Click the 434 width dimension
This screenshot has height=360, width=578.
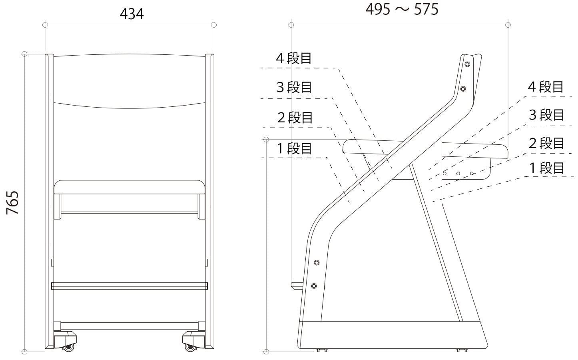click(x=132, y=14)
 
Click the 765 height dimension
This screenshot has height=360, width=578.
click(x=13, y=202)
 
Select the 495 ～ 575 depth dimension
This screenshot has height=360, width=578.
click(x=402, y=9)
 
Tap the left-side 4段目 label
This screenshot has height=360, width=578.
click(x=294, y=58)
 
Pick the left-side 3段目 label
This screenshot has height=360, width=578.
click(x=294, y=87)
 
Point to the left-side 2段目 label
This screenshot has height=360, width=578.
click(x=295, y=118)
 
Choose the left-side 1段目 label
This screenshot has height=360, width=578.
click(x=295, y=148)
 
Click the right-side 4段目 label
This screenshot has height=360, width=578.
click(x=546, y=87)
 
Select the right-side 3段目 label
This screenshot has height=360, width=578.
click(x=546, y=115)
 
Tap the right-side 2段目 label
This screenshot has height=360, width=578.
click(x=546, y=143)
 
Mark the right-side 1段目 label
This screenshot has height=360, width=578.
click(x=546, y=168)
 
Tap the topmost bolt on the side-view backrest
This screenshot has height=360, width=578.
click(x=467, y=64)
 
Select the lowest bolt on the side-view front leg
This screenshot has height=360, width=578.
click(x=314, y=286)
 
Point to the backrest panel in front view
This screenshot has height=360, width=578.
click(x=130, y=80)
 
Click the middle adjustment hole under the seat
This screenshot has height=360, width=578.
click(x=458, y=174)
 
